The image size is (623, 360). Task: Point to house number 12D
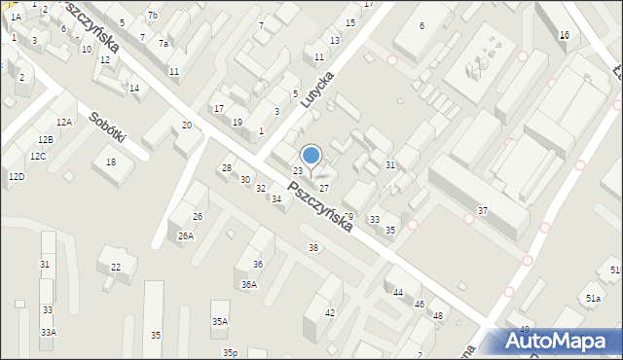coord(17,177)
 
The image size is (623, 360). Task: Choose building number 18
coord(111,162)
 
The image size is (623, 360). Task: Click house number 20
coord(187,126)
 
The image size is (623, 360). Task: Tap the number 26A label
coord(185,235)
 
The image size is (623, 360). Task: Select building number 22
coord(116,267)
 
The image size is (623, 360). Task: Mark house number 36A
coord(249,284)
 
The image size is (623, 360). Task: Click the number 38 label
coord(313,248)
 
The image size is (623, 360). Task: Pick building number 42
coord(330,312)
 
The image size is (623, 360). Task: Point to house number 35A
coord(220,321)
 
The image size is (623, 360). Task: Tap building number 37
coord(483,211)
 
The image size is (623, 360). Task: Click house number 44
coord(398,292)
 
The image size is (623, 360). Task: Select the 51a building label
coord(593,298)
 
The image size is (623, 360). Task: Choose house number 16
coord(565,35)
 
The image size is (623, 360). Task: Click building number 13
coord(335,40)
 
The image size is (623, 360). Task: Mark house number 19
coord(238,122)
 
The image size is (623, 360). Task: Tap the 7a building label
coord(165,44)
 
